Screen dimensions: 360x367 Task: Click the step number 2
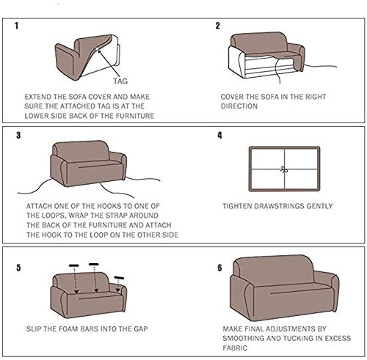[x=217, y=26]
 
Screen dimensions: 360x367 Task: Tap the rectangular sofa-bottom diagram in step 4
[x=285, y=168]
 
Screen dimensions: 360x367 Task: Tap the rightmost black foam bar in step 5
[x=120, y=277]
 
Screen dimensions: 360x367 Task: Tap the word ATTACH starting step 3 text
[x=40, y=207]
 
